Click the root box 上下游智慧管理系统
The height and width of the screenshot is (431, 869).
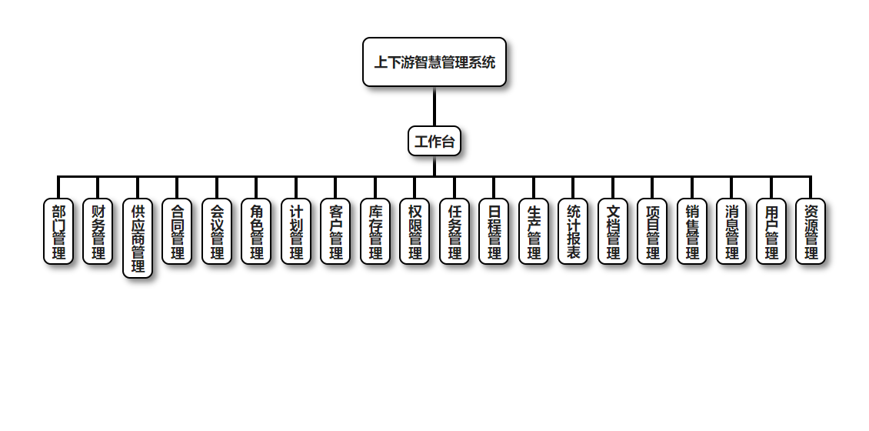coord(434,62)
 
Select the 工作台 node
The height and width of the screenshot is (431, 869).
coord(434,141)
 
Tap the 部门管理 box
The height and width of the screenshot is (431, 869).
coord(58,232)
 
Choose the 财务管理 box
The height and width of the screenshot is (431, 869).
coord(98,232)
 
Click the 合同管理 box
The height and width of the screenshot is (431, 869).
coord(177,232)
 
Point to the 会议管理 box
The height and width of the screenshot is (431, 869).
coord(217,232)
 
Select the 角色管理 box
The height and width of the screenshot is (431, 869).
coord(256,232)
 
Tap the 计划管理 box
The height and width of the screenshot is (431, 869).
coord(296,232)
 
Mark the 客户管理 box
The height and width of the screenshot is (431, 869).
coord(335,232)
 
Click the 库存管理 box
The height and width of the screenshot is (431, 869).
coord(375,232)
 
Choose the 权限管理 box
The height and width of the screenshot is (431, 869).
coord(415,232)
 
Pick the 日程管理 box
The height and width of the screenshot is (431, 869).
coord(494,232)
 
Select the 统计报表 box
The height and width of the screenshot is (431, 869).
coord(573,232)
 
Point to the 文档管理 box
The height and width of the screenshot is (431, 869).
coord(613,232)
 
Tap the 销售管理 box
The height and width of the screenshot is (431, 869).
coord(692,232)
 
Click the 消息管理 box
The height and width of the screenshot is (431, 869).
coord(731,232)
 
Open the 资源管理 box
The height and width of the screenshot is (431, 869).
coord(811,232)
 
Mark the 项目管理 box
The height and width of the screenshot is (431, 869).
coord(652,232)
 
